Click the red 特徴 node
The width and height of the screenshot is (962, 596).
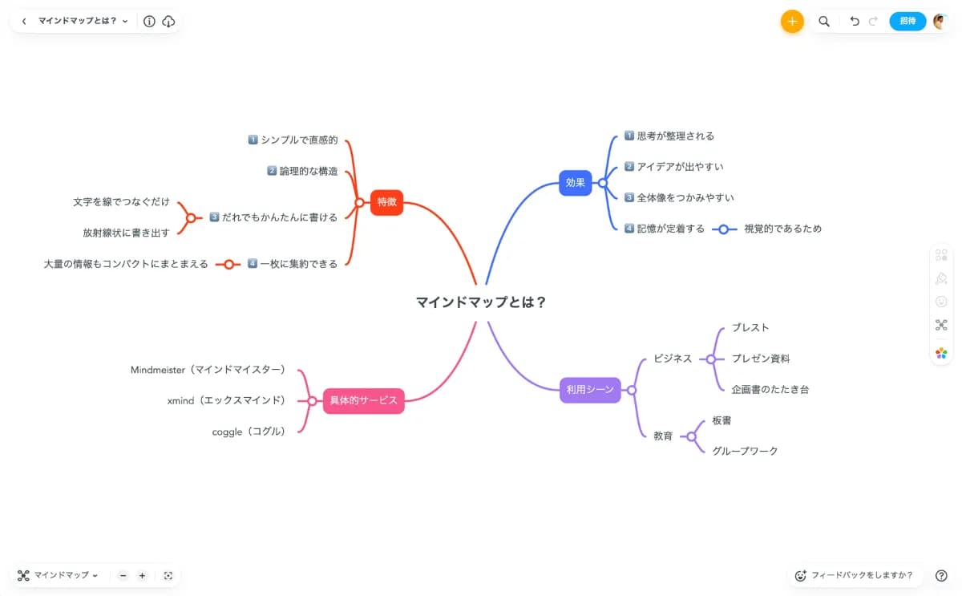pyautogui.click(x=386, y=202)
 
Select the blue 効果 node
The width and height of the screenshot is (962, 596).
pyautogui.click(x=576, y=183)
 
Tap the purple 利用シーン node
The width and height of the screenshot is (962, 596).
pyautogui.click(x=590, y=390)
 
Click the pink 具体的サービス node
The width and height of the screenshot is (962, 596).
pyautogui.click(x=363, y=400)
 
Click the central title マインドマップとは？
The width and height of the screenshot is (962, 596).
pyautogui.click(x=481, y=302)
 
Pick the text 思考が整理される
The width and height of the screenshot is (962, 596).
pyautogui.click(x=675, y=136)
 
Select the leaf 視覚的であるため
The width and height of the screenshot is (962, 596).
pyautogui.click(x=782, y=229)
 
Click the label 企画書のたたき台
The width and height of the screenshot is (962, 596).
pyautogui.click(x=770, y=389)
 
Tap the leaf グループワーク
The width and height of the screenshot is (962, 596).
pyautogui.click(x=745, y=451)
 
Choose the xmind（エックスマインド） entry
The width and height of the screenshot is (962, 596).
pyautogui.click(x=226, y=400)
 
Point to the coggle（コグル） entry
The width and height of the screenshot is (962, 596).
pyautogui.click(x=249, y=432)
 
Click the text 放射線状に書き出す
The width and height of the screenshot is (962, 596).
pyautogui.click(x=126, y=233)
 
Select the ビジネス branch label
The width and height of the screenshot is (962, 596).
pyautogui.click(x=672, y=359)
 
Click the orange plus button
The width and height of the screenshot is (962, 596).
pyautogui.click(x=792, y=22)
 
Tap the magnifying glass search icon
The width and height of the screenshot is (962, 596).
pyautogui.click(x=824, y=22)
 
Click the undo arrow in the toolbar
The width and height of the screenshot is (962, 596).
pyautogui.click(x=855, y=22)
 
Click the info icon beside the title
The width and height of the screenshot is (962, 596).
pyautogui.click(x=149, y=22)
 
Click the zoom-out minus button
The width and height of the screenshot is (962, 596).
pyautogui.click(x=123, y=575)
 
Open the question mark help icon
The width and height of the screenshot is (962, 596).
pyautogui.click(x=941, y=575)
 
